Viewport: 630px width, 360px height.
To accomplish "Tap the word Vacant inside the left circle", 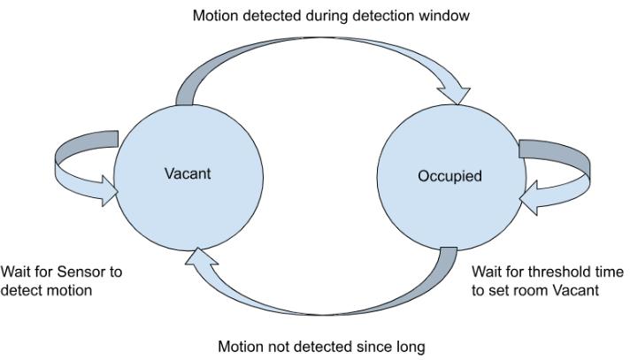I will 188,173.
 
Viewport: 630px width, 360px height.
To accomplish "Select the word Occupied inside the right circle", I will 449,176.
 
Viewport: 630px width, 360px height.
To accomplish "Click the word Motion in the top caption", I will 214,15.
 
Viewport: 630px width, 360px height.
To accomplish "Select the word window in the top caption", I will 445,15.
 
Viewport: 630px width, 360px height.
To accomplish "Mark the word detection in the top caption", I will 388,15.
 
